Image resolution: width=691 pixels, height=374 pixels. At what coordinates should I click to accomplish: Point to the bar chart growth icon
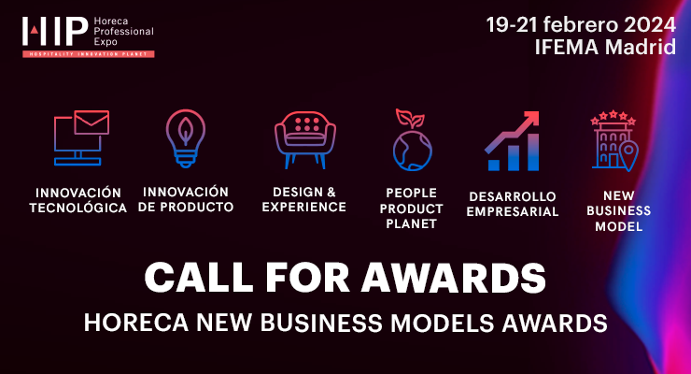pyautogui.click(x=512, y=141)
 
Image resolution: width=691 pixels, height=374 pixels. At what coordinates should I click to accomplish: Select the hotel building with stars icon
pyautogui.click(x=613, y=140)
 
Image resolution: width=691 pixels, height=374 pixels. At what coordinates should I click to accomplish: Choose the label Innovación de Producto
pyautogui.click(x=185, y=199)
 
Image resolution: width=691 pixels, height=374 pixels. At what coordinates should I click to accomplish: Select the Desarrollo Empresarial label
pyautogui.click(x=513, y=204)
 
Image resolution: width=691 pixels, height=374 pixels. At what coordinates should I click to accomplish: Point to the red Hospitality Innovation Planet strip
pyautogui.click(x=89, y=54)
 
